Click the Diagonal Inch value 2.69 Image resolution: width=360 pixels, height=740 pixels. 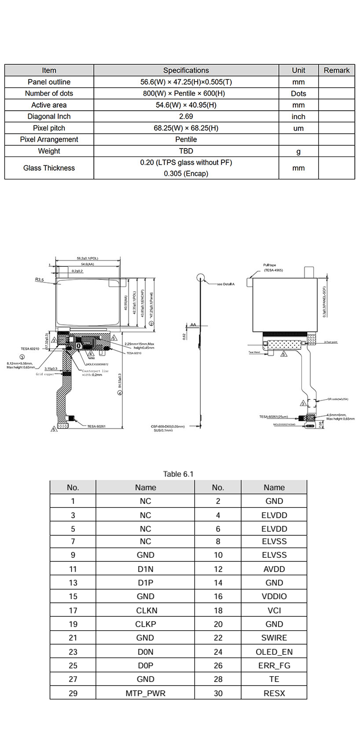tap(186, 117)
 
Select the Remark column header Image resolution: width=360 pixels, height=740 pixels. tap(336, 70)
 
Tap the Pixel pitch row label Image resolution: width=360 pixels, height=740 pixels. tap(49, 128)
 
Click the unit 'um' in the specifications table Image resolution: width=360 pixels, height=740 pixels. tap(298, 128)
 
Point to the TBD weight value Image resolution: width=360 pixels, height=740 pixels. tap(186, 151)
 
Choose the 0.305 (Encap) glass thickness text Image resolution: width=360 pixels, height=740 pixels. tap(186, 173)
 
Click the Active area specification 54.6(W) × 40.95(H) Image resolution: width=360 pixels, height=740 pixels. tap(186, 105)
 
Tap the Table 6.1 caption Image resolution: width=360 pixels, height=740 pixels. tap(178, 474)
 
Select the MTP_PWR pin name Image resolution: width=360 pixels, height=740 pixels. tap(145, 693)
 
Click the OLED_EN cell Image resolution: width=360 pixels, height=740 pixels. tap(274, 652)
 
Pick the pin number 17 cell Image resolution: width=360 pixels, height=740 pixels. tap(73, 610)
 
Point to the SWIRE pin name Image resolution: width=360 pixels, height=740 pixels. tap(274, 638)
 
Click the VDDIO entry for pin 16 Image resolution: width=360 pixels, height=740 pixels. tap(274, 596)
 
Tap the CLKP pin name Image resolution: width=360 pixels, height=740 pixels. tap(145, 624)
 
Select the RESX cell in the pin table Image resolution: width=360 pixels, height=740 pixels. tap(274, 693)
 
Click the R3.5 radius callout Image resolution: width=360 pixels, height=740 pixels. tap(40, 279)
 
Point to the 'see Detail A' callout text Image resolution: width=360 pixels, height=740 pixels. tap(225, 284)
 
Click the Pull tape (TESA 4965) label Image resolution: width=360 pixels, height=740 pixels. tap(273, 268)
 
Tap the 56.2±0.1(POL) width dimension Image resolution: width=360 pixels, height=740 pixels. tap(87, 258)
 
